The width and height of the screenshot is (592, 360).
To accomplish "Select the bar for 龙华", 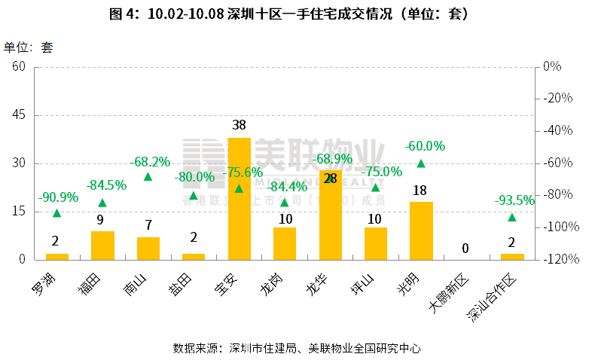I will click(x=330, y=215).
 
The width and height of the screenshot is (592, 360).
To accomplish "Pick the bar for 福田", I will click(x=102, y=245).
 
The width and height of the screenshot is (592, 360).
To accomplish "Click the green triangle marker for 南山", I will click(x=148, y=177).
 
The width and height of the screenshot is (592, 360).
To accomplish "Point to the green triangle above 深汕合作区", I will click(x=512, y=218).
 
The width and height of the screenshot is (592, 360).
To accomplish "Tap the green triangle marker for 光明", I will click(x=421, y=163).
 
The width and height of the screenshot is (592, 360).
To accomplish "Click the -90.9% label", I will click(x=56, y=197).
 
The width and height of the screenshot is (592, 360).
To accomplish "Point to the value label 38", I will click(x=239, y=125).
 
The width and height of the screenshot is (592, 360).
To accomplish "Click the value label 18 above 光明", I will click(x=420, y=190).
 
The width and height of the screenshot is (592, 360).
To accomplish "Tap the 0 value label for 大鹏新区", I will click(x=465, y=249).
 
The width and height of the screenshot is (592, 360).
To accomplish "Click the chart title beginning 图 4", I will click(x=296, y=14).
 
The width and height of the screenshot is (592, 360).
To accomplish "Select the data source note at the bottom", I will click(x=296, y=348).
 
